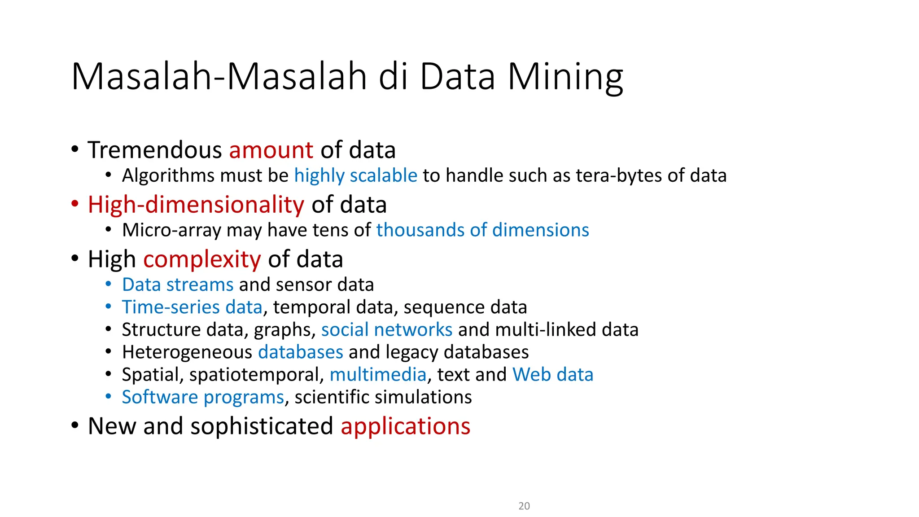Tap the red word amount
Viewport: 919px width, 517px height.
click(x=271, y=150)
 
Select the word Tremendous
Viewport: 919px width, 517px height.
click(x=154, y=150)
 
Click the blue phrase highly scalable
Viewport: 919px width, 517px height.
click(x=355, y=175)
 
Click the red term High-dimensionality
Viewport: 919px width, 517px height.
click(x=196, y=205)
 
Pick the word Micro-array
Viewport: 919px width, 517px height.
click(x=171, y=230)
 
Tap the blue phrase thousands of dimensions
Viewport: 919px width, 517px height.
click(x=482, y=230)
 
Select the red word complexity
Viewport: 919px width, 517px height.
click(x=202, y=259)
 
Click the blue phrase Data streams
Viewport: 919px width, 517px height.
click(x=178, y=285)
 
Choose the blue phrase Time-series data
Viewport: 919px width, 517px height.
click(x=192, y=307)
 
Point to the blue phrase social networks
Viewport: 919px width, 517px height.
click(x=387, y=330)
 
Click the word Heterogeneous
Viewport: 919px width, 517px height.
click(x=187, y=352)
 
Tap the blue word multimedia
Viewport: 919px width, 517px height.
click(x=378, y=375)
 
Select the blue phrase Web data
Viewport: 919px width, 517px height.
click(x=553, y=375)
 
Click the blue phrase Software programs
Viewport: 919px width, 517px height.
click(x=203, y=397)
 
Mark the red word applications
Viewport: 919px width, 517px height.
click(x=405, y=426)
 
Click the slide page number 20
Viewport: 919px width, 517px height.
click(x=524, y=506)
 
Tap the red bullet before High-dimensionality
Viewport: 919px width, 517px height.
click(x=75, y=204)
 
